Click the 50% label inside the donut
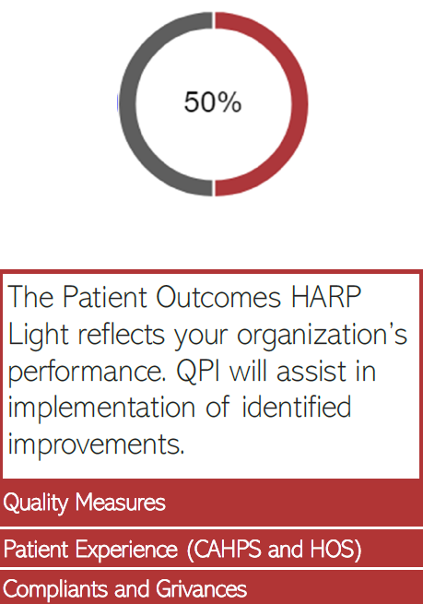pyautogui.click(x=212, y=102)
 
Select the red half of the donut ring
pyautogui.click(x=300, y=102)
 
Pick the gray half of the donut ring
pyautogui.click(x=125, y=102)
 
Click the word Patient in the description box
pyautogui.click(x=98, y=298)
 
